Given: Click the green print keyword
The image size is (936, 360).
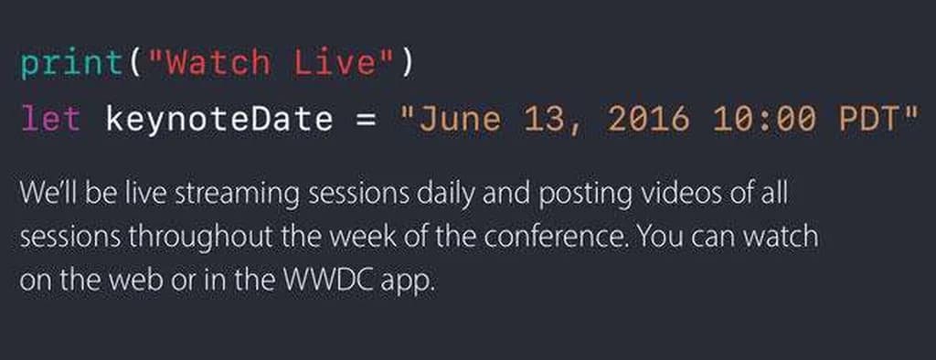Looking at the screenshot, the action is [70, 64].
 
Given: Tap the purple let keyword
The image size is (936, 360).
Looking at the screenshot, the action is [50, 119].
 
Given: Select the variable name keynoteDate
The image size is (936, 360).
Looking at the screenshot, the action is [219, 120].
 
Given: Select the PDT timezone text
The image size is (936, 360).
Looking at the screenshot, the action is [868, 120].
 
